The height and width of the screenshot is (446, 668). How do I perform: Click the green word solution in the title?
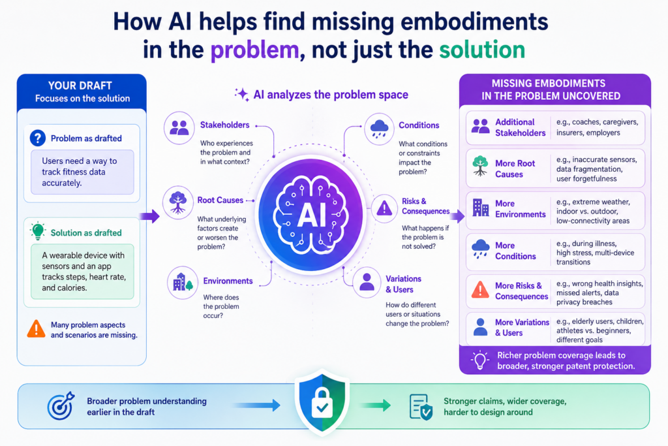[x=482, y=50]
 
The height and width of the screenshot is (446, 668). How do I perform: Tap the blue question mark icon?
[x=38, y=138]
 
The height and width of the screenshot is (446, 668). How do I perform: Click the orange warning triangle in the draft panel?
[x=37, y=329]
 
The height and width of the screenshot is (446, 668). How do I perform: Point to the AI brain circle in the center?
[x=311, y=214]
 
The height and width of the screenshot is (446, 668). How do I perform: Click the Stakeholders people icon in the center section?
[x=179, y=127]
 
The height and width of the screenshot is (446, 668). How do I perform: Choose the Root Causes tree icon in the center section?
[x=177, y=202]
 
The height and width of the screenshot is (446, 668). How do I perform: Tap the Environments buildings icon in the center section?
[x=183, y=282]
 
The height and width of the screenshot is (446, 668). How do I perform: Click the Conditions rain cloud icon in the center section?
[x=379, y=129]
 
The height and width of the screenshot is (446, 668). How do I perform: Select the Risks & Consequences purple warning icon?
[x=384, y=208]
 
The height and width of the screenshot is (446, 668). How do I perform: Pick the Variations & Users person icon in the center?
[x=367, y=282]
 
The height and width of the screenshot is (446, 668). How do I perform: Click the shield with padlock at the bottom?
[x=322, y=402]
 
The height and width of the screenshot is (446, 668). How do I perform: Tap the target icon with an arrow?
[x=61, y=406]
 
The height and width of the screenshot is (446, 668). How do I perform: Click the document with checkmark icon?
[x=421, y=407]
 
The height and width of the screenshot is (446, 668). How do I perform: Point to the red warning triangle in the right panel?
[x=480, y=289]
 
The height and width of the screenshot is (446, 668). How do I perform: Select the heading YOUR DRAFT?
[x=80, y=86]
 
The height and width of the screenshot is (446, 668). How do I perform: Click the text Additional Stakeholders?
[x=520, y=127]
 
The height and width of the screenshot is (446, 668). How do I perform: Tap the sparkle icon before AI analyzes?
[x=241, y=94]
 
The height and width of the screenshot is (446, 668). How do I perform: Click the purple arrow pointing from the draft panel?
[x=149, y=216]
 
